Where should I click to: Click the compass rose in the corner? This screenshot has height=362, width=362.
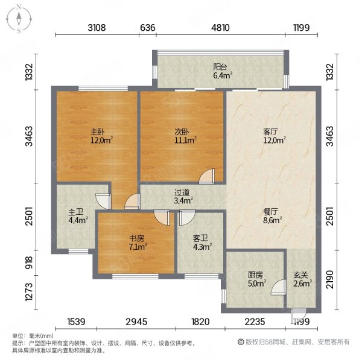[x=19, y=19]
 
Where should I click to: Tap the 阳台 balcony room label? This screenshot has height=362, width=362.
[x=220, y=67]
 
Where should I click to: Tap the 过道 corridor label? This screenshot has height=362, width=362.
[x=182, y=192]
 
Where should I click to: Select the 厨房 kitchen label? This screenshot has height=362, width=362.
[x=255, y=275]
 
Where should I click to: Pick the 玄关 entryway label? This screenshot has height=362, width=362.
[x=300, y=275]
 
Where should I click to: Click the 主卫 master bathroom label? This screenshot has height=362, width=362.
[x=76, y=212]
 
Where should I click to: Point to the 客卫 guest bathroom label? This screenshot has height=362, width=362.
[x=200, y=238]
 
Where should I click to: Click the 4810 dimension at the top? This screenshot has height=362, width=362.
[x=220, y=28]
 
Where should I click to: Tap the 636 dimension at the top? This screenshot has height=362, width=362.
[x=148, y=28]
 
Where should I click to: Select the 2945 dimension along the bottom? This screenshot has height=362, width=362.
[x=136, y=322]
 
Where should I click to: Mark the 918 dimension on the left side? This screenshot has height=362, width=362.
[x=30, y=262]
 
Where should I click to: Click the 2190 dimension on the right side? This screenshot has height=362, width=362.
[x=329, y=279]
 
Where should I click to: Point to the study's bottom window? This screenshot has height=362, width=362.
[x=135, y=276]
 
